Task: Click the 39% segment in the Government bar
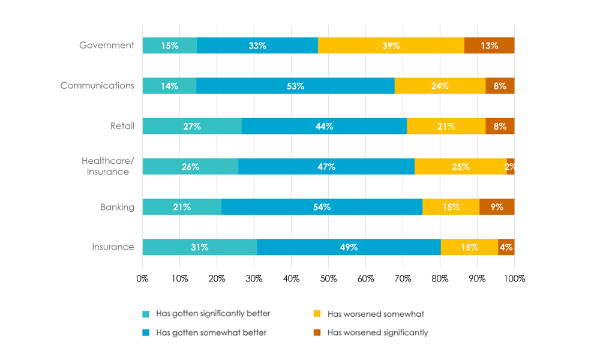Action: (391, 46)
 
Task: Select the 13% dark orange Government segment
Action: (489, 46)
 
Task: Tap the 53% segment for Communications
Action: (295, 86)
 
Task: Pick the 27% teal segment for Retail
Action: (192, 126)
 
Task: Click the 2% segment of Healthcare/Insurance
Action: (511, 166)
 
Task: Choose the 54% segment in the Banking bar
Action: (322, 207)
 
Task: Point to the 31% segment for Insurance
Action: (200, 247)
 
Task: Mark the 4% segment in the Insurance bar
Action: (506, 247)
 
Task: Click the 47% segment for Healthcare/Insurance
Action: (326, 166)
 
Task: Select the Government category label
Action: (107, 46)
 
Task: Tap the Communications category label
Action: (97, 86)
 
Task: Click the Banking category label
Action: (117, 208)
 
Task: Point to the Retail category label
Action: (122, 126)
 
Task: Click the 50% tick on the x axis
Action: (328, 278)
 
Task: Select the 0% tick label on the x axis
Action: (143, 278)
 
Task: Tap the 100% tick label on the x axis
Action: (514, 278)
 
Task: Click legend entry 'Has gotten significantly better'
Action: (213, 313)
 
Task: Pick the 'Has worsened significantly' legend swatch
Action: (317, 332)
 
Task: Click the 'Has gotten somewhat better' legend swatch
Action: (146, 332)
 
